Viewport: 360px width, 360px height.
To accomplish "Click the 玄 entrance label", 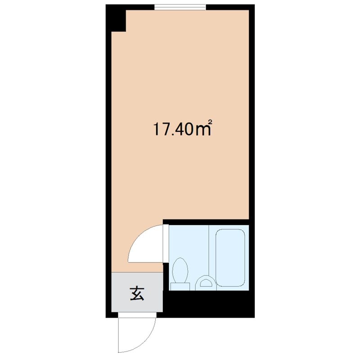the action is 137,293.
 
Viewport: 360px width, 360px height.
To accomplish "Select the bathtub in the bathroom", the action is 230,258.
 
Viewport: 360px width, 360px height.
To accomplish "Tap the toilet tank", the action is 180,287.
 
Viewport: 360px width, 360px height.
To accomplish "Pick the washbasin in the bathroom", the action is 205,283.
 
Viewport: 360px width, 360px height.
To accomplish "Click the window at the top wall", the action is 180,7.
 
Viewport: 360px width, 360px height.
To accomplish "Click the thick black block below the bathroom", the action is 208,303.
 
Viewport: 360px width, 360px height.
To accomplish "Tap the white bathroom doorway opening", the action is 166,243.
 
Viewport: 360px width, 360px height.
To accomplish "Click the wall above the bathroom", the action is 206,222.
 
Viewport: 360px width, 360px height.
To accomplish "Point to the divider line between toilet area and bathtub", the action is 208,250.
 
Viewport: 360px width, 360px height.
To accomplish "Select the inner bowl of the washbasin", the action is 205,283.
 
